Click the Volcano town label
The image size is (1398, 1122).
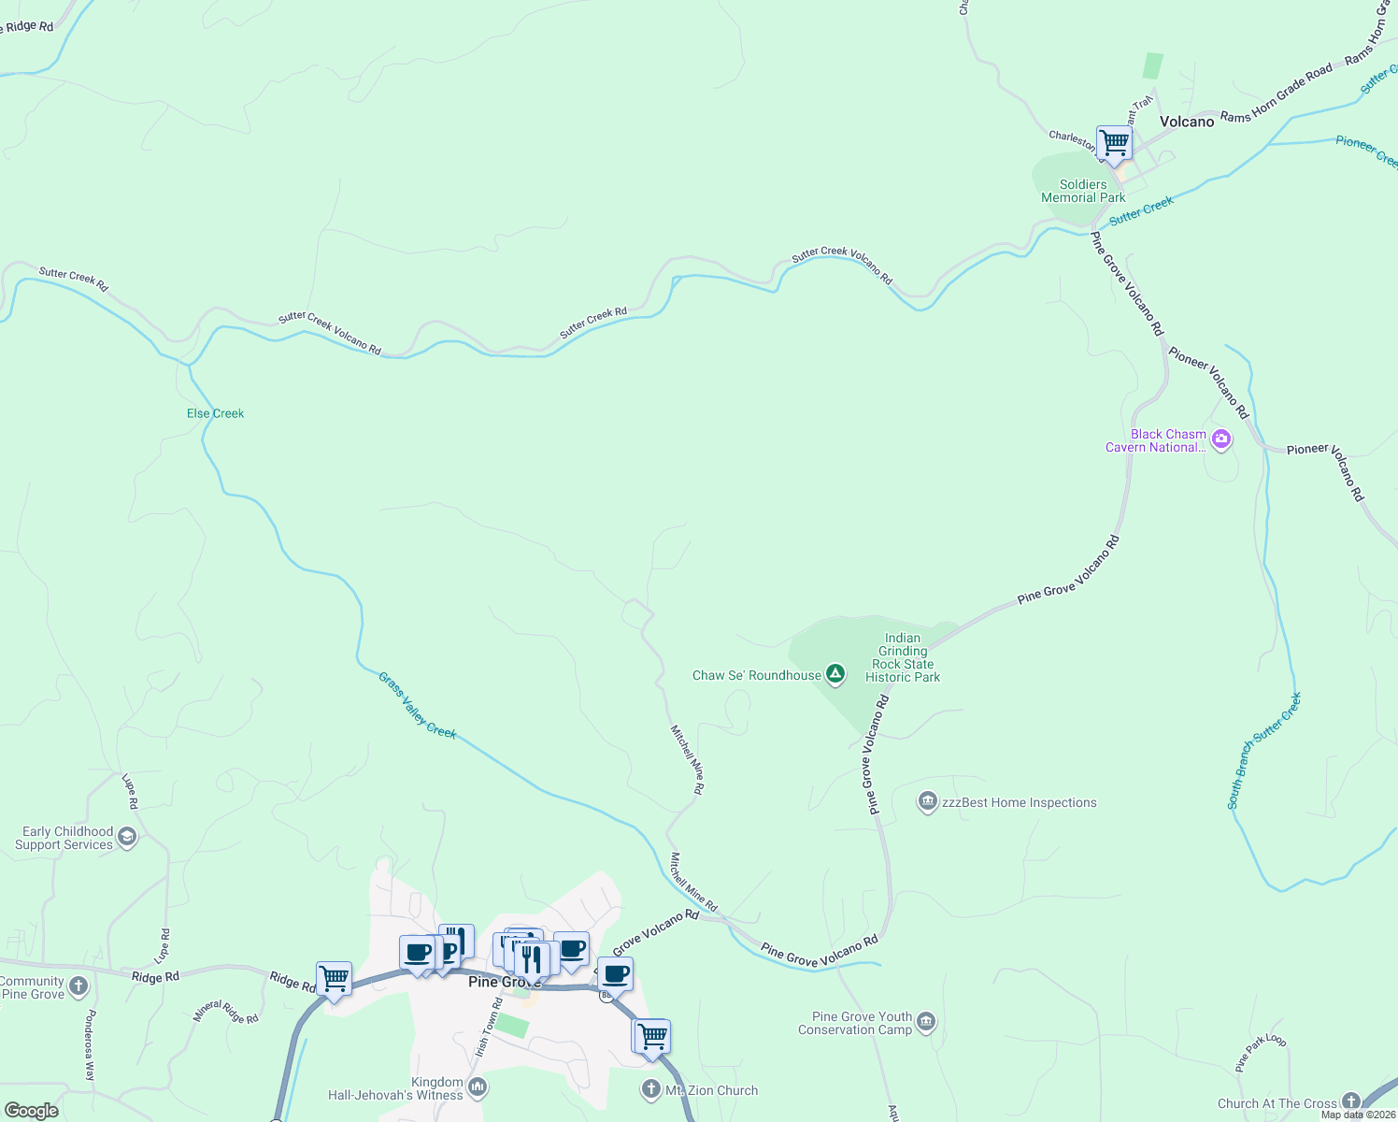tap(1187, 122)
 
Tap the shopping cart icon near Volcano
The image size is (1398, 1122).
tap(1114, 144)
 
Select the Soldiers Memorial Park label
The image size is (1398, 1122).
tap(1083, 191)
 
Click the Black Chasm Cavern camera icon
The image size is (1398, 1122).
tap(1220, 439)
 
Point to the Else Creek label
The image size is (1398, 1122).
tap(215, 413)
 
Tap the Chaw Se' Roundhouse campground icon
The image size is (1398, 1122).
tap(835, 674)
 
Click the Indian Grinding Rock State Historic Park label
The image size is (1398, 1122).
tap(903, 657)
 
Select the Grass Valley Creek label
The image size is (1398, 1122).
tap(417, 705)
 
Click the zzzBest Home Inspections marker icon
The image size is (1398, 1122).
tap(927, 801)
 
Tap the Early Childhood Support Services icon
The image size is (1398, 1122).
tap(127, 837)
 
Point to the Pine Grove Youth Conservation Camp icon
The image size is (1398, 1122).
tap(926, 1021)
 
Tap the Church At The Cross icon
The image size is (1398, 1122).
tap(1350, 1102)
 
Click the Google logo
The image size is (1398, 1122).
tap(31, 1111)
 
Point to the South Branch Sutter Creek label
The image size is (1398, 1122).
tap(1263, 750)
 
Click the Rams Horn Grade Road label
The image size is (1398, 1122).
tap(1277, 93)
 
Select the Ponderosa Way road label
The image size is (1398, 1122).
tap(90, 1044)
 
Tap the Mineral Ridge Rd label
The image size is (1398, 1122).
tap(225, 1012)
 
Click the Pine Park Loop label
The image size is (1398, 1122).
tap(1260, 1052)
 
